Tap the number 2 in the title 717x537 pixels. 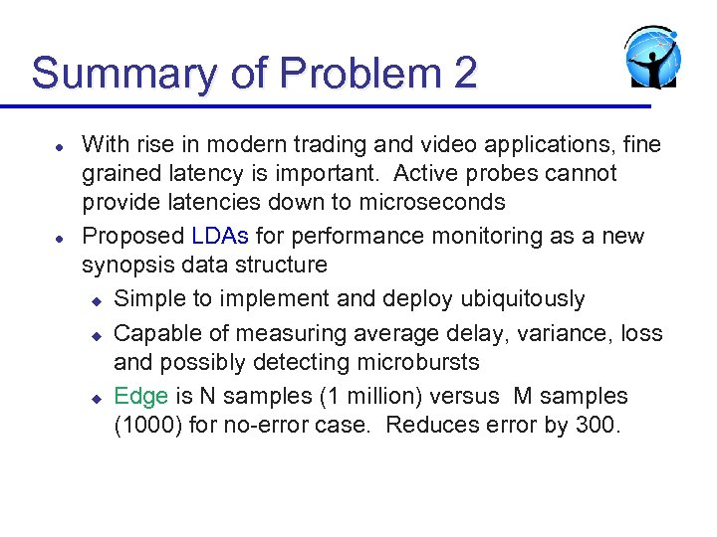coord(465,74)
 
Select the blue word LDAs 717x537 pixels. coord(220,237)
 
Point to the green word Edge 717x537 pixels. coord(141,396)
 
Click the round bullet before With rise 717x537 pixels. coord(60,146)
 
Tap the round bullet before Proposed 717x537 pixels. coord(60,238)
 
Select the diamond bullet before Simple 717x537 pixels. coord(97,300)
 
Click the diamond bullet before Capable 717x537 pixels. coord(97,334)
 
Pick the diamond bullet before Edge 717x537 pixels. coord(97,398)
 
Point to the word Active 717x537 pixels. coord(428,173)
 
